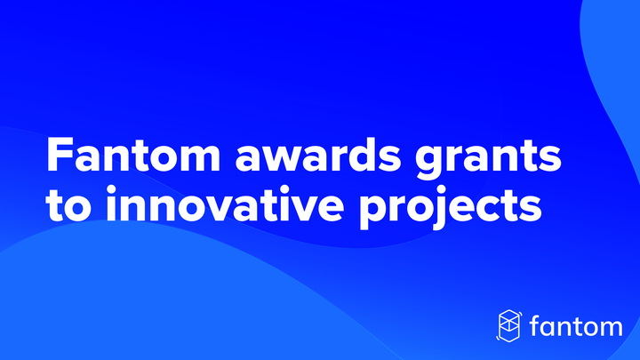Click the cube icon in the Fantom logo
tap(509, 325)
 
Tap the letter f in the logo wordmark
tap(536, 324)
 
